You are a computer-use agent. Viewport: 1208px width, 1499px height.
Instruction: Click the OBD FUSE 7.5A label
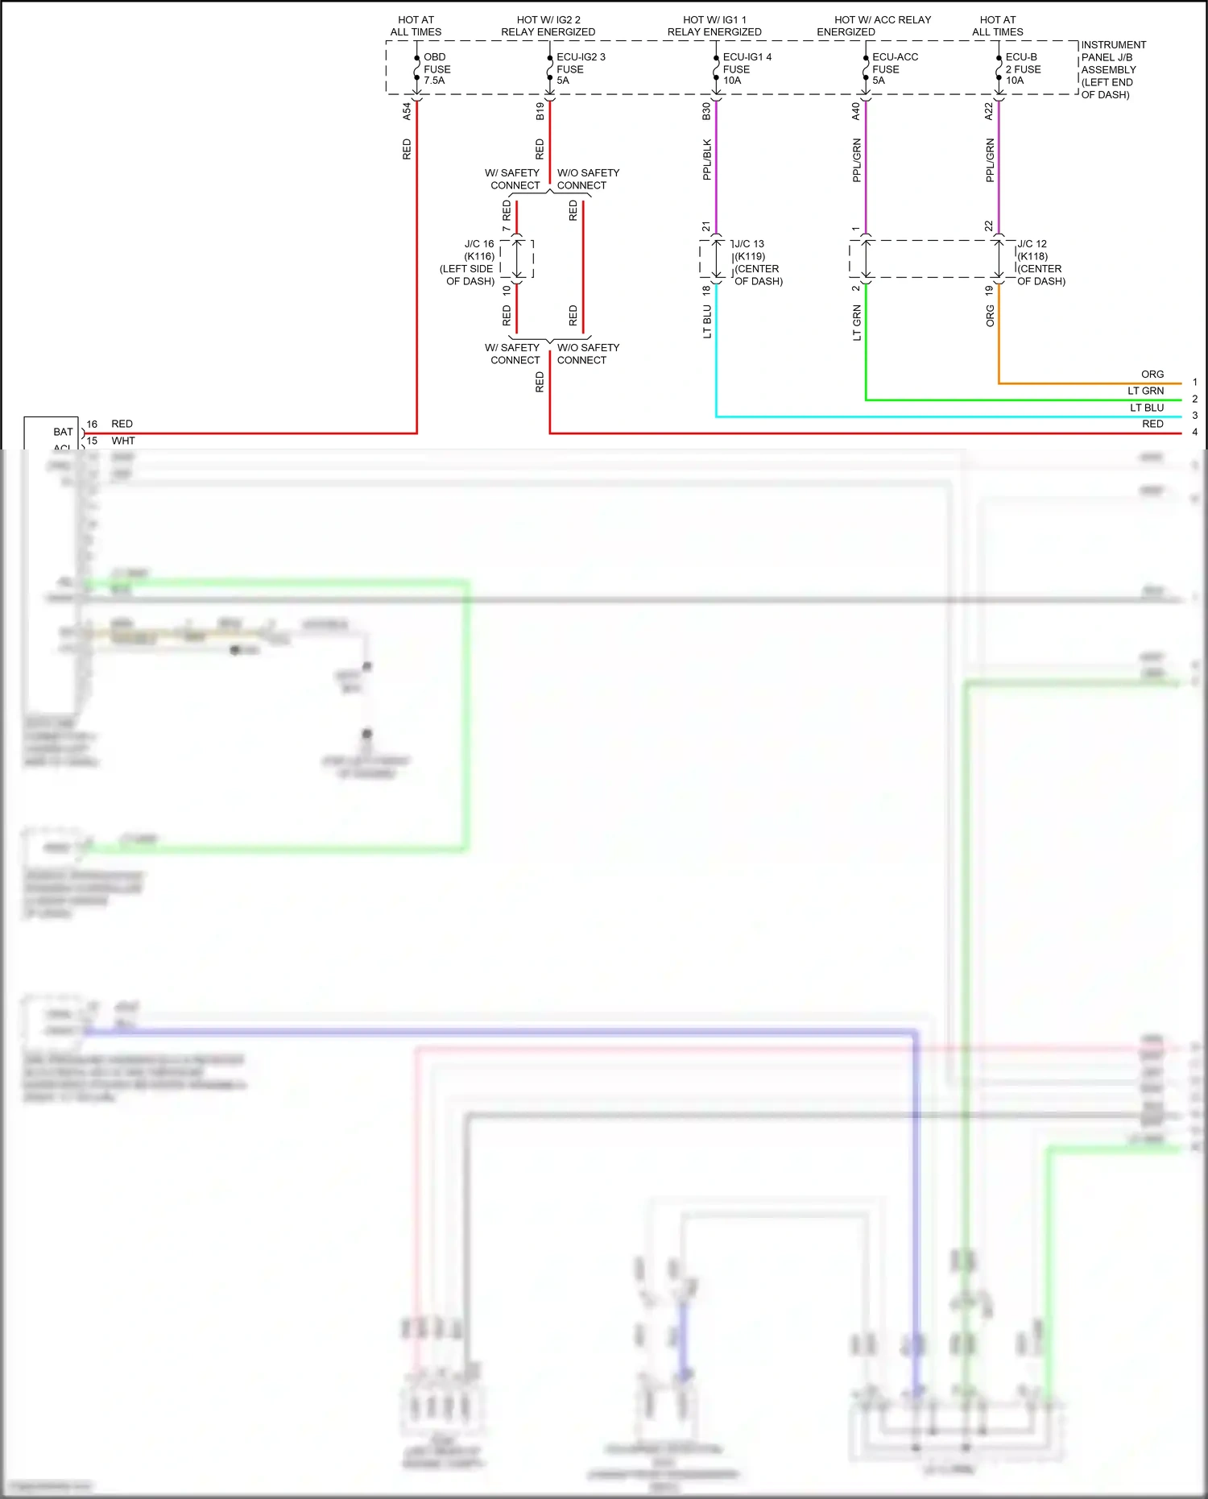(436, 68)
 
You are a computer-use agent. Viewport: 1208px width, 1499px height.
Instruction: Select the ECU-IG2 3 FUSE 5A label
(580, 68)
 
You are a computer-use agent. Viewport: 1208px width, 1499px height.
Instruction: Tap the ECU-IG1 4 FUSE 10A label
(747, 68)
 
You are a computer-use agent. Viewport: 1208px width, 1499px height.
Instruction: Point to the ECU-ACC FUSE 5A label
(894, 68)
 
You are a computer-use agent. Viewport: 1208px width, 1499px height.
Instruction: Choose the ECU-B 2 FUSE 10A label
(1022, 68)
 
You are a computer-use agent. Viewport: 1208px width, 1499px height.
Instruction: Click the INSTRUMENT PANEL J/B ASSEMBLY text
(1112, 69)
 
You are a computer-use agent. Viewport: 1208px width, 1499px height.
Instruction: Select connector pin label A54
(407, 111)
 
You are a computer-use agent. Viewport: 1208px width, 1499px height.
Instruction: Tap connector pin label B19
(540, 111)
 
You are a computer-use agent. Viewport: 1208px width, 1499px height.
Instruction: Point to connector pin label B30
(706, 111)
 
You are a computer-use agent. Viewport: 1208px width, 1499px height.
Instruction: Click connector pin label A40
(855, 111)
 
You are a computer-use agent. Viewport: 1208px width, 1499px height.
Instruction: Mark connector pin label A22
(989, 111)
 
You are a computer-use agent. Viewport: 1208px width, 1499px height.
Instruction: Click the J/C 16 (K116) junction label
(470, 262)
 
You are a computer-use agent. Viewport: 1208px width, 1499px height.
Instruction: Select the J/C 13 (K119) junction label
(757, 262)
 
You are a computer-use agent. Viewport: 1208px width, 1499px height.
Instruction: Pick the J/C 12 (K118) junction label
(1040, 262)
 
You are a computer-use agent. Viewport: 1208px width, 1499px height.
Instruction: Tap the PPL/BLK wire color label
(706, 159)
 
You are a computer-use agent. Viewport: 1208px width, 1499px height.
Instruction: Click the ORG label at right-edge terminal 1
(1152, 375)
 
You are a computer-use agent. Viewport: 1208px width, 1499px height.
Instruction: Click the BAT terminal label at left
(63, 432)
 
